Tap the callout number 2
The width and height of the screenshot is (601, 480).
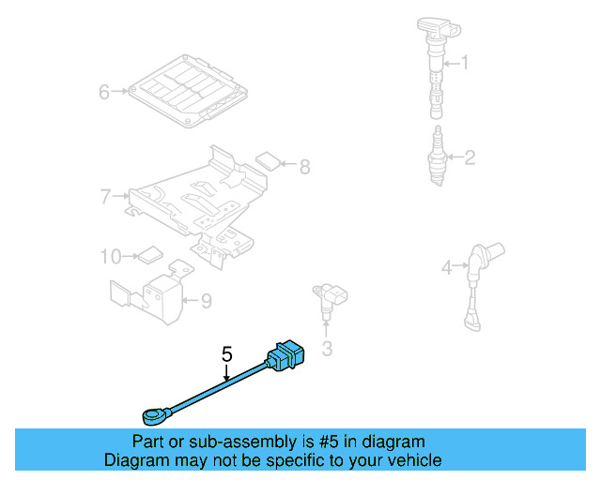(469, 157)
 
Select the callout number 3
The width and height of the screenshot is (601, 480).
(327, 350)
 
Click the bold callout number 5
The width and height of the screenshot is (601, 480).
(226, 354)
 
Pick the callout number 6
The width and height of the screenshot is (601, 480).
(105, 92)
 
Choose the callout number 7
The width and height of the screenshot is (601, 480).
(106, 196)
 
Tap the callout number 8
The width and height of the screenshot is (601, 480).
(303, 167)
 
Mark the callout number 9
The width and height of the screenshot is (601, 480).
(206, 301)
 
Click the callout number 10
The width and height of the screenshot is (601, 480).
(111, 255)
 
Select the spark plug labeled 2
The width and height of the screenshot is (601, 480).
(437, 155)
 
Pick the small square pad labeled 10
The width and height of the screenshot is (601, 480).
(150, 253)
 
